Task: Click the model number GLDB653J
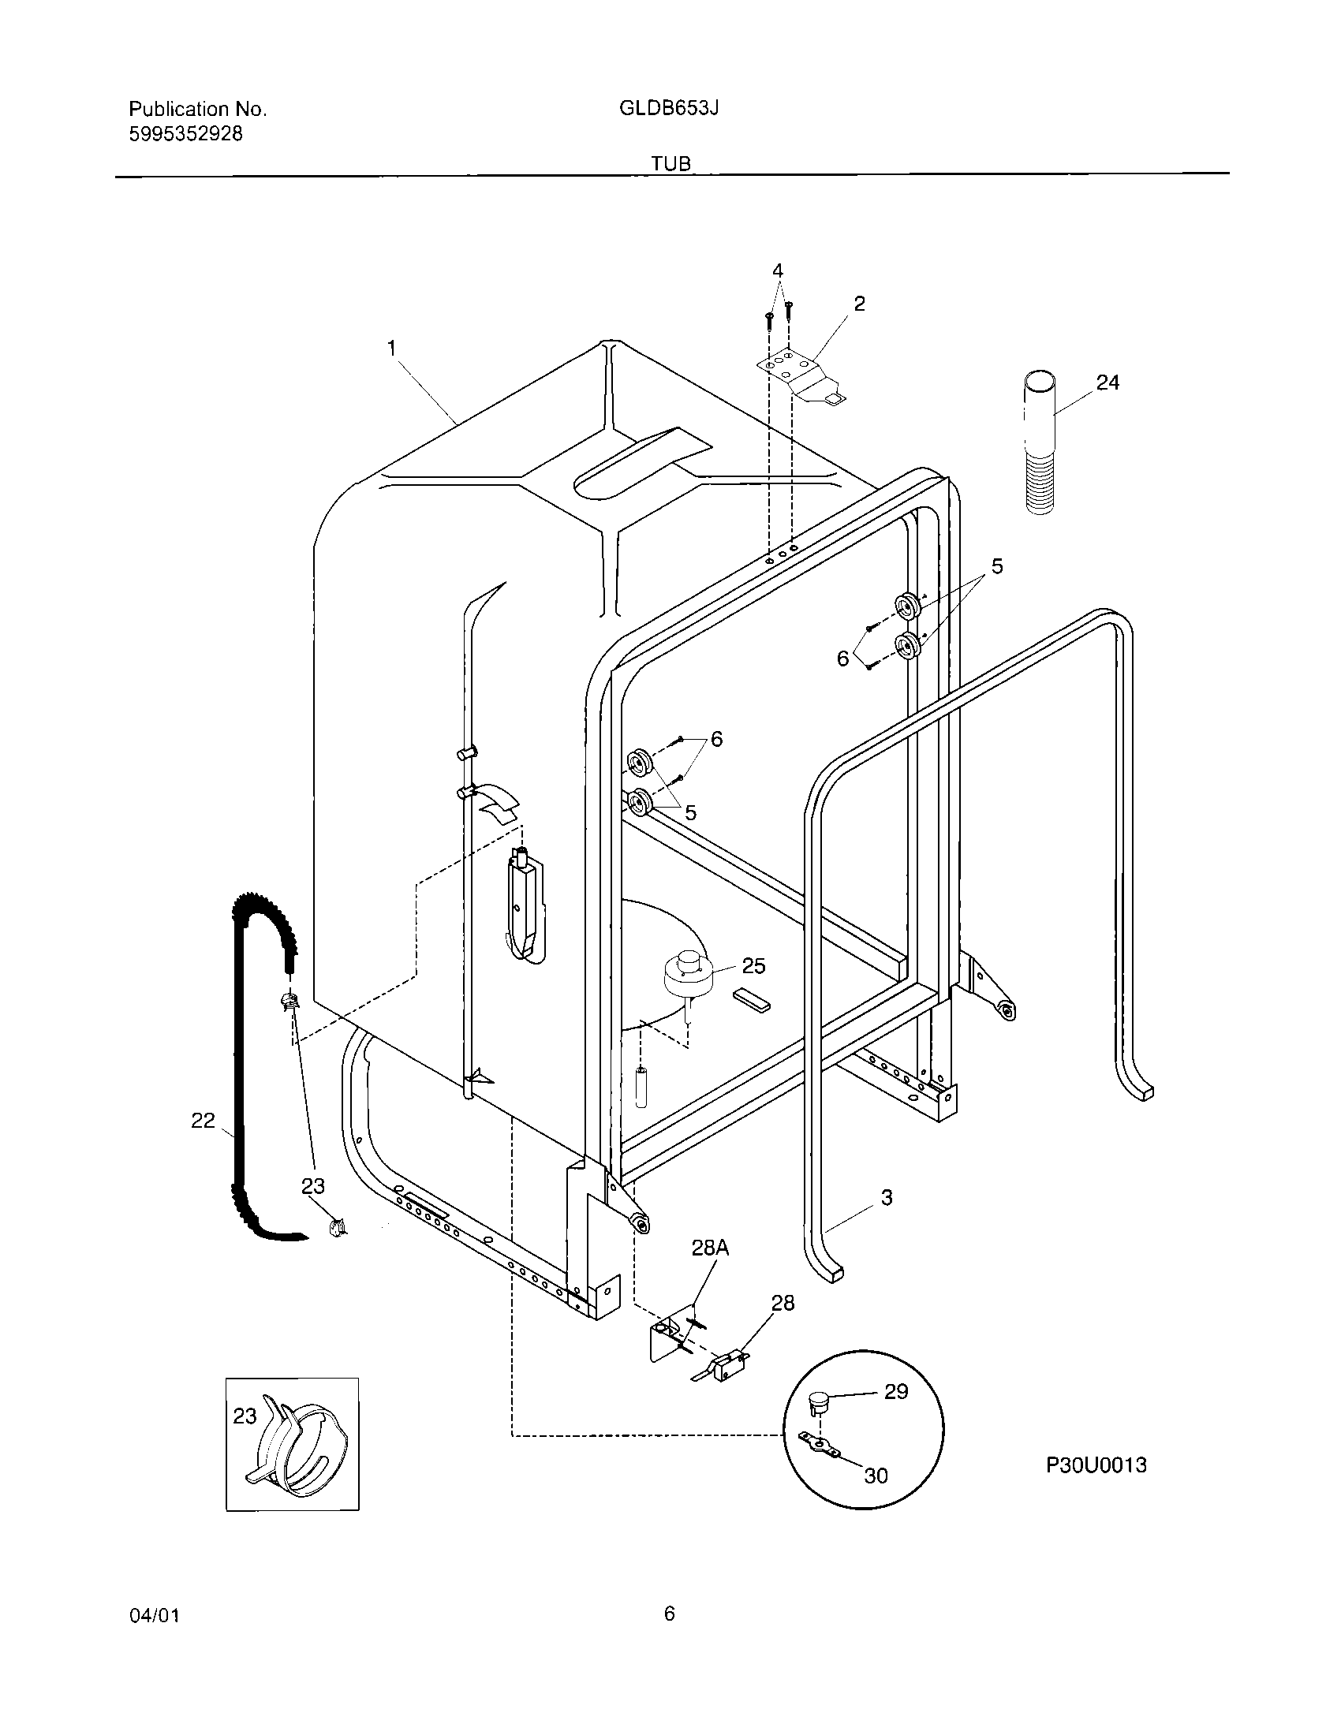pyautogui.click(x=669, y=109)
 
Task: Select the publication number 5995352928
pyautogui.click(x=185, y=133)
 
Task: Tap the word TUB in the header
pyautogui.click(x=670, y=163)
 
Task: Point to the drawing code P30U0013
pyautogui.click(x=1096, y=1466)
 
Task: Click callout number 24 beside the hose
pyautogui.click(x=1108, y=383)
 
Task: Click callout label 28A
pyautogui.click(x=709, y=1248)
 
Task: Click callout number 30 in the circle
pyautogui.click(x=876, y=1476)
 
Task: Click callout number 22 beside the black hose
pyautogui.click(x=204, y=1120)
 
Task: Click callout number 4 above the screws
pyautogui.click(x=778, y=271)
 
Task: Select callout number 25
pyautogui.click(x=753, y=966)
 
